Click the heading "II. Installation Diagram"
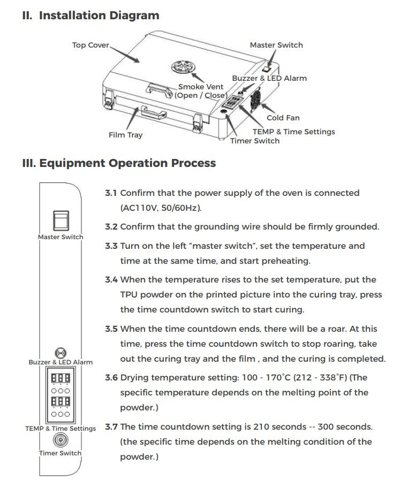(90, 16)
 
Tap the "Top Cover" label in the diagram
(90, 45)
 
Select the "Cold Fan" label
(283, 118)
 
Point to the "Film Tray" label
(125, 135)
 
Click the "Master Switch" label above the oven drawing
(276, 45)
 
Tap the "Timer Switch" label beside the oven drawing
(255, 141)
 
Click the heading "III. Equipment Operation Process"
(119, 163)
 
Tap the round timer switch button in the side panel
(61, 440)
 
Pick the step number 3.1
(111, 193)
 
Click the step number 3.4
(111, 279)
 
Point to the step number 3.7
(111, 426)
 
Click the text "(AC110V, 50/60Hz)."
(161, 208)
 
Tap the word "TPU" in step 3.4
(129, 294)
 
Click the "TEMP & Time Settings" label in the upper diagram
(293, 131)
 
